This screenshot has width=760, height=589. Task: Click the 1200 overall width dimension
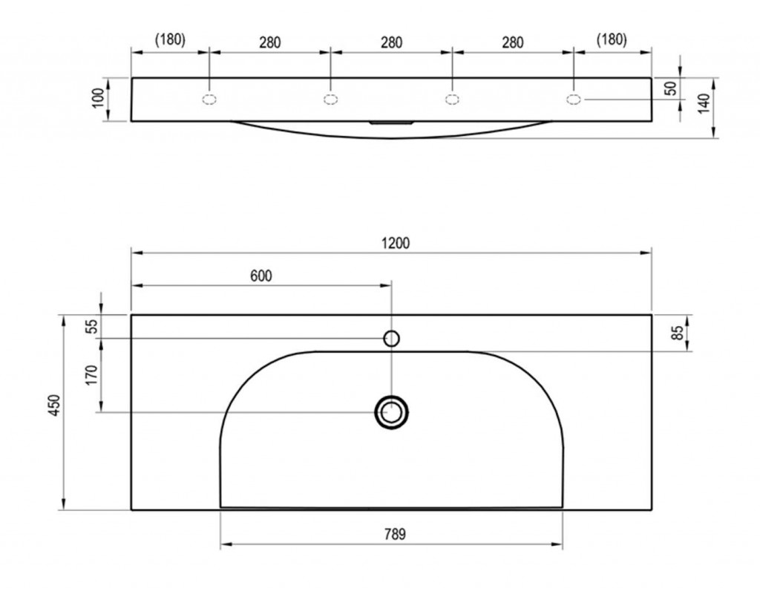[x=396, y=243]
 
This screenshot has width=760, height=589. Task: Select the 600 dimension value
[x=261, y=276]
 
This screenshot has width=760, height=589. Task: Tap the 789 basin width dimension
[x=395, y=534]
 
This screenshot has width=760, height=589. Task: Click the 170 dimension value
[x=91, y=375]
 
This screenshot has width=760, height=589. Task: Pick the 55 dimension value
[x=91, y=326]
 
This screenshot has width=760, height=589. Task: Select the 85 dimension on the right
[x=678, y=333]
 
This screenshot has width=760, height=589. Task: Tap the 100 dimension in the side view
[x=98, y=99]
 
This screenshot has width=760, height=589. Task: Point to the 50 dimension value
[x=670, y=88]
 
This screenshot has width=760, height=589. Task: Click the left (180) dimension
[x=170, y=39]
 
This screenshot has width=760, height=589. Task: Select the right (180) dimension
[x=612, y=39]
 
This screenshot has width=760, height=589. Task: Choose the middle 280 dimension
[x=391, y=42]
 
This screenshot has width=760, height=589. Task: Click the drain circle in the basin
[x=392, y=412]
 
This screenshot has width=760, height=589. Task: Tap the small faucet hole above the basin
[x=392, y=338]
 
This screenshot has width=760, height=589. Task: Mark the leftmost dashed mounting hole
[x=209, y=100]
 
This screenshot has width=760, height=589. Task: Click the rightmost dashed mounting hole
[x=574, y=100]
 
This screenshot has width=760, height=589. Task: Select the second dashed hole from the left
[x=330, y=100]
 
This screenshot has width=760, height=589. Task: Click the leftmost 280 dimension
[x=269, y=42]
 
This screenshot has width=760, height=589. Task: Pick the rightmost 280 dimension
[x=513, y=42]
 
